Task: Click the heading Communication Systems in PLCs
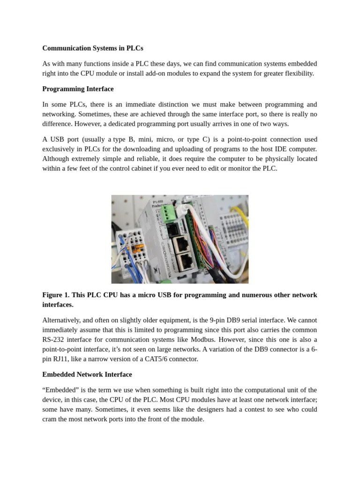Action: pyautogui.click(x=92, y=48)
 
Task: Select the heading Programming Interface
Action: pyautogui.click(x=78, y=89)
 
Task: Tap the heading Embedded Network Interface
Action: pyautogui.click(x=87, y=375)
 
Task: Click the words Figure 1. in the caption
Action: pyautogui.click(x=56, y=295)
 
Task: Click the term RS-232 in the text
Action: pyautogui.click(x=55, y=339)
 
